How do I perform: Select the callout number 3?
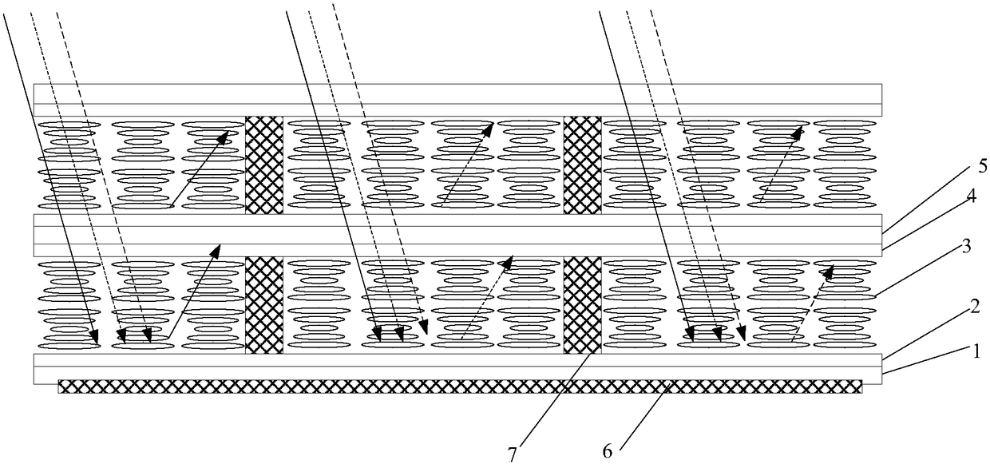[x=966, y=247]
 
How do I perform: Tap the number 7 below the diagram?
[x=512, y=454]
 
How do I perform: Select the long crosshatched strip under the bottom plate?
[x=460, y=387]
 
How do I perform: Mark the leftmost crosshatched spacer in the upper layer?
[x=264, y=165]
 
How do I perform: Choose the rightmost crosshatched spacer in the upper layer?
[x=583, y=165]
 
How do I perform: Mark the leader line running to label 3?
[x=918, y=275]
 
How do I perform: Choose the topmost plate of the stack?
[x=457, y=93]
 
